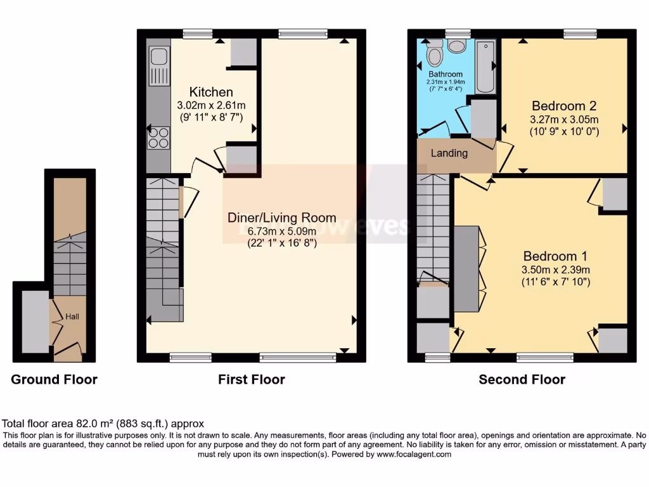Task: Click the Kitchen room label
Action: (211, 93)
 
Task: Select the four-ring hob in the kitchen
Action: (158, 138)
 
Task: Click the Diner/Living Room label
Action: (282, 218)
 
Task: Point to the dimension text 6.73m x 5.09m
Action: (281, 230)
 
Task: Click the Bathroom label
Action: (445, 74)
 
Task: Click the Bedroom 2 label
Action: (564, 106)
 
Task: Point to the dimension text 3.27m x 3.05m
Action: (564, 119)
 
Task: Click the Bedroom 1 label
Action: (555, 256)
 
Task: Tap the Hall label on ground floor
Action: (72, 316)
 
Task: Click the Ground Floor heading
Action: (55, 380)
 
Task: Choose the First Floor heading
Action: (252, 380)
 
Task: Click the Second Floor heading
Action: (522, 380)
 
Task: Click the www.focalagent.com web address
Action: (414, 454)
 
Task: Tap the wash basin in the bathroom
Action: (456, 46)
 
